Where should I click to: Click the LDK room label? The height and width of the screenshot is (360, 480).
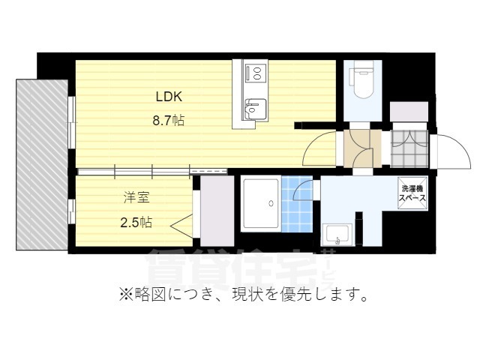pyautogui.click(x=169, y=97)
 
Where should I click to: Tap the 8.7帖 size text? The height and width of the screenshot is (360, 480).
pyautogui.click(x=169, y=119)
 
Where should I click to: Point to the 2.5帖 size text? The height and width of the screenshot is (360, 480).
pyautogui.click(x=136, y=222)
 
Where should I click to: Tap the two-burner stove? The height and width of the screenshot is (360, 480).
pyautogui.click(x=256, y=73)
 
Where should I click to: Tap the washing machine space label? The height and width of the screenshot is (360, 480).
pyautogui.click(x=413, y=194)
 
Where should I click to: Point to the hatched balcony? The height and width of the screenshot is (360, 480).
pyautogui.click(x=41, y=164)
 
